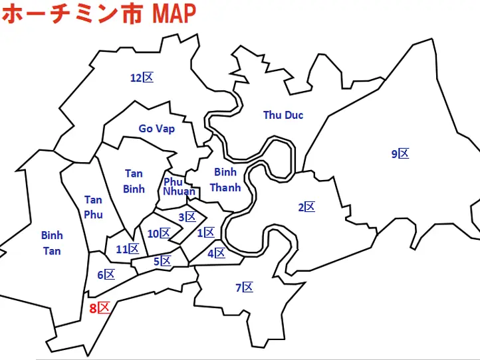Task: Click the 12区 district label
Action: (142, 78)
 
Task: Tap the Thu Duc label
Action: (283, 116)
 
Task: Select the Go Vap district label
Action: (157, 129)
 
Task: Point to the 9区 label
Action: (400, 154)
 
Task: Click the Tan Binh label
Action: (134, 181)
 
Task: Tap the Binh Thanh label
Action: (225, 180)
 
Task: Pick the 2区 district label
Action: (306, 207)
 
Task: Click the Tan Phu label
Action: (93, 207)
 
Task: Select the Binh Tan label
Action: (52, 242)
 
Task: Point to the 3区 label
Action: (187, 217)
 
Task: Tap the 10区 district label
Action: (159, 233)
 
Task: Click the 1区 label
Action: (205, 232)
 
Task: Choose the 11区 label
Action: (127, 249)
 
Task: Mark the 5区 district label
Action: (162, 261)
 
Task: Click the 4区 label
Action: (216, 253)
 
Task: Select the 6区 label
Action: (106, 274)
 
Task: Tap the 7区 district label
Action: (245, 288)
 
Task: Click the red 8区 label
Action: (99, 308)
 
